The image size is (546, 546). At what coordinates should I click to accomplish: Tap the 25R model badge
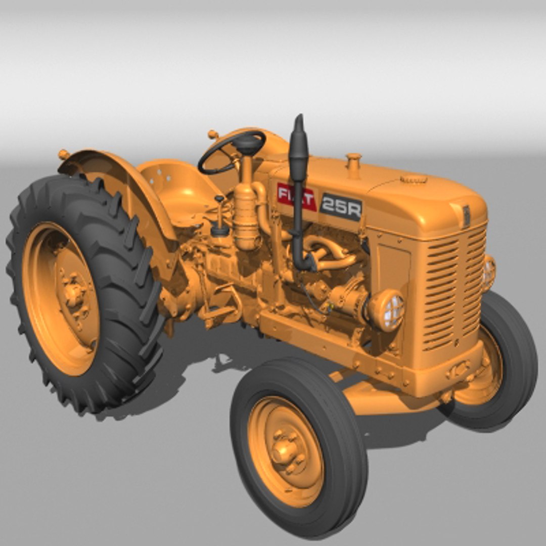(x=341, y=206)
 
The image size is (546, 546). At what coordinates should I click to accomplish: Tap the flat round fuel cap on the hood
(x=414, y=179)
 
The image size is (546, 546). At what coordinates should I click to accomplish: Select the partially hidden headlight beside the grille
(x=488, y=273)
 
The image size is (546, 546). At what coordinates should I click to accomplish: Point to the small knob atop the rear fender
(x=64, y=154)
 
